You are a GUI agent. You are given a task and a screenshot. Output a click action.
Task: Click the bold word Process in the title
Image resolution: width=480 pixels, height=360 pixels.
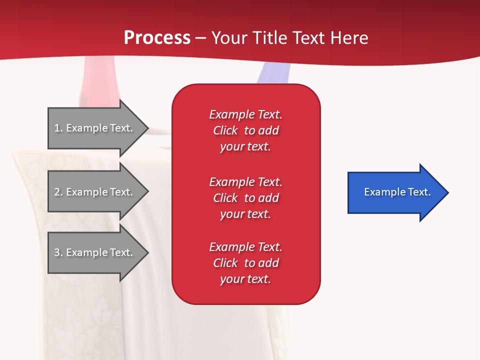pos(157,38)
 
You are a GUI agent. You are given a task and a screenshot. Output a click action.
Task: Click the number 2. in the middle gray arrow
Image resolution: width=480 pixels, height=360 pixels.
pos(58,192)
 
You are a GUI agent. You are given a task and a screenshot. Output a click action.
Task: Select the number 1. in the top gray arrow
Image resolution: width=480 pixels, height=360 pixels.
pos(58,128)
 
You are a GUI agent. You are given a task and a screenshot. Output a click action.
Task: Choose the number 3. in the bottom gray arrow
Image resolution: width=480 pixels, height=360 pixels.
pos(58,252)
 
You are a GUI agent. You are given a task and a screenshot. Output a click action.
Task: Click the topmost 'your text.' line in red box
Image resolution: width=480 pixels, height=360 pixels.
pos(245,146)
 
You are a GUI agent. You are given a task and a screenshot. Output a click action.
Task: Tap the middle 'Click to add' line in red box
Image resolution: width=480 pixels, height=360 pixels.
pos(245,198)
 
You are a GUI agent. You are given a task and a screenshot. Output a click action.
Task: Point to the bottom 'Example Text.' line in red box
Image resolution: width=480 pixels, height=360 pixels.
pos(245,247)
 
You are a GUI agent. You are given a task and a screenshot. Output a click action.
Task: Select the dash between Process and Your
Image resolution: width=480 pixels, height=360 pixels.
pos(201,38)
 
